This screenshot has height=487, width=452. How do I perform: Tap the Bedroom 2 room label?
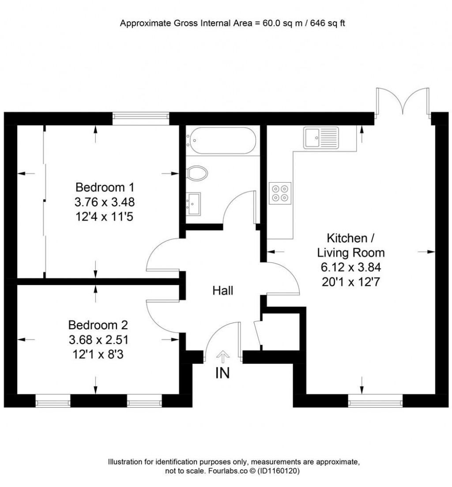(x=98, y=325)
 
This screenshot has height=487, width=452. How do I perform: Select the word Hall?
(x=223, y=291)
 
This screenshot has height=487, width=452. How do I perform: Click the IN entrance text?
(x=222, y=373)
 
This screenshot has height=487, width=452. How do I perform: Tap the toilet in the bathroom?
(x=197, y=173)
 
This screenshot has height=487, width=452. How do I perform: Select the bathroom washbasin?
(x=193, y=203)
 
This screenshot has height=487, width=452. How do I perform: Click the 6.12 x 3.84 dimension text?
(x=351, y=267)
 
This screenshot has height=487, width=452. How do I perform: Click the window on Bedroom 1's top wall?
(x=141, y=116)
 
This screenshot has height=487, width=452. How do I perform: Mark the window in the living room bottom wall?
(x=375, y=402)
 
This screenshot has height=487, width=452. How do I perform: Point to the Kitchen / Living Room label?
(x=351, y=245)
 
